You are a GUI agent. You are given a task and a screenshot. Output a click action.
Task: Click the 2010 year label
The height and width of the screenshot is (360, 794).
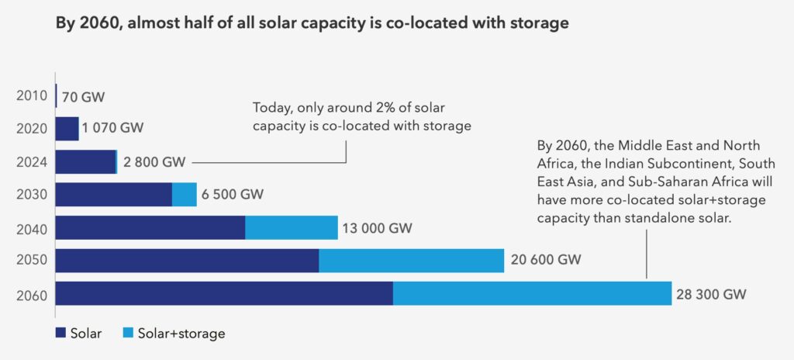click(x=31, y=97)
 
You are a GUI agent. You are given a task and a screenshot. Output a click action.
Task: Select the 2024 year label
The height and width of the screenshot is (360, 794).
click(x=31, y=162)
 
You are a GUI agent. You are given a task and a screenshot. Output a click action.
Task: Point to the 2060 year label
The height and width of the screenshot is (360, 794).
click(x=31, y=295)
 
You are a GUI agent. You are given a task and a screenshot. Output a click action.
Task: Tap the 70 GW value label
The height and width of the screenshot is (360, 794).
click(x=83, y=97)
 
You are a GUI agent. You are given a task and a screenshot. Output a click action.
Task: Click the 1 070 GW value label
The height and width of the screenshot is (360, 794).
click(x=115, y=128)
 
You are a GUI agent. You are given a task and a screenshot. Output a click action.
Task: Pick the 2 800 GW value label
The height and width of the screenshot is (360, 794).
click(x=154, y=162)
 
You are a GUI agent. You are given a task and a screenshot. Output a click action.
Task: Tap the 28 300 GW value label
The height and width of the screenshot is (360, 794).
click(x=712, y=294)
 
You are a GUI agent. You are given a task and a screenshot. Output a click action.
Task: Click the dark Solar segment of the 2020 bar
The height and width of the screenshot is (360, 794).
click(x=67, y=129)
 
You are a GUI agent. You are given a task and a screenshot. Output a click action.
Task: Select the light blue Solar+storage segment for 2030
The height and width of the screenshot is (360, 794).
click(x=185, y=195)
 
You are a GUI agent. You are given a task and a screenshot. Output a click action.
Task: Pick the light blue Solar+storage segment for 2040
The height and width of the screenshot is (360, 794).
click(x=292, y=228)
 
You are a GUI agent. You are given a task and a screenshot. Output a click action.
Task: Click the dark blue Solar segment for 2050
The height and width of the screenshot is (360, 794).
click(x=187, y=261)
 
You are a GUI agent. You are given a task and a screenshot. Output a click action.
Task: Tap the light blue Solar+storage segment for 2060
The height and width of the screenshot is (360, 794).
click(x=532, y=293)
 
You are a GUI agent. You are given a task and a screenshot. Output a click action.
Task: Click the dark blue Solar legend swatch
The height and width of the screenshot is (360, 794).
click(x=60, y=334)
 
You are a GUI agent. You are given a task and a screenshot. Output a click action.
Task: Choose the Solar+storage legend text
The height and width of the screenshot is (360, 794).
click(x=181, y=334)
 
